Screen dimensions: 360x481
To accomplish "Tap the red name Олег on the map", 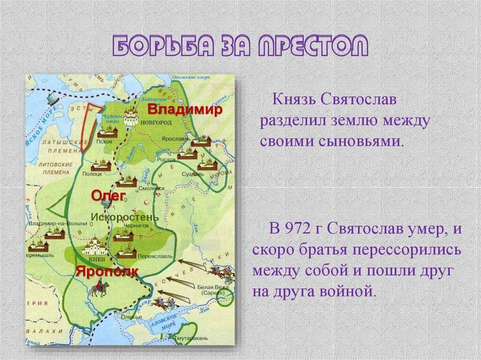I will pyautogui.click(x=108, y=196).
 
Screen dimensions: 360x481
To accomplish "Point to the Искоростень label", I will pyautogui.click(x=124, y=217).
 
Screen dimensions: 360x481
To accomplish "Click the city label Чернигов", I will pyautogui.click(x=137, y=226).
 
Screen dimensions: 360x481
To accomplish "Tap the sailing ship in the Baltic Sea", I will pyautogui.click(x=50, y=98).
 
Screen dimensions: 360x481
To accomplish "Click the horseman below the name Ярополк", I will pyautogui.click(x=99, y=288).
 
